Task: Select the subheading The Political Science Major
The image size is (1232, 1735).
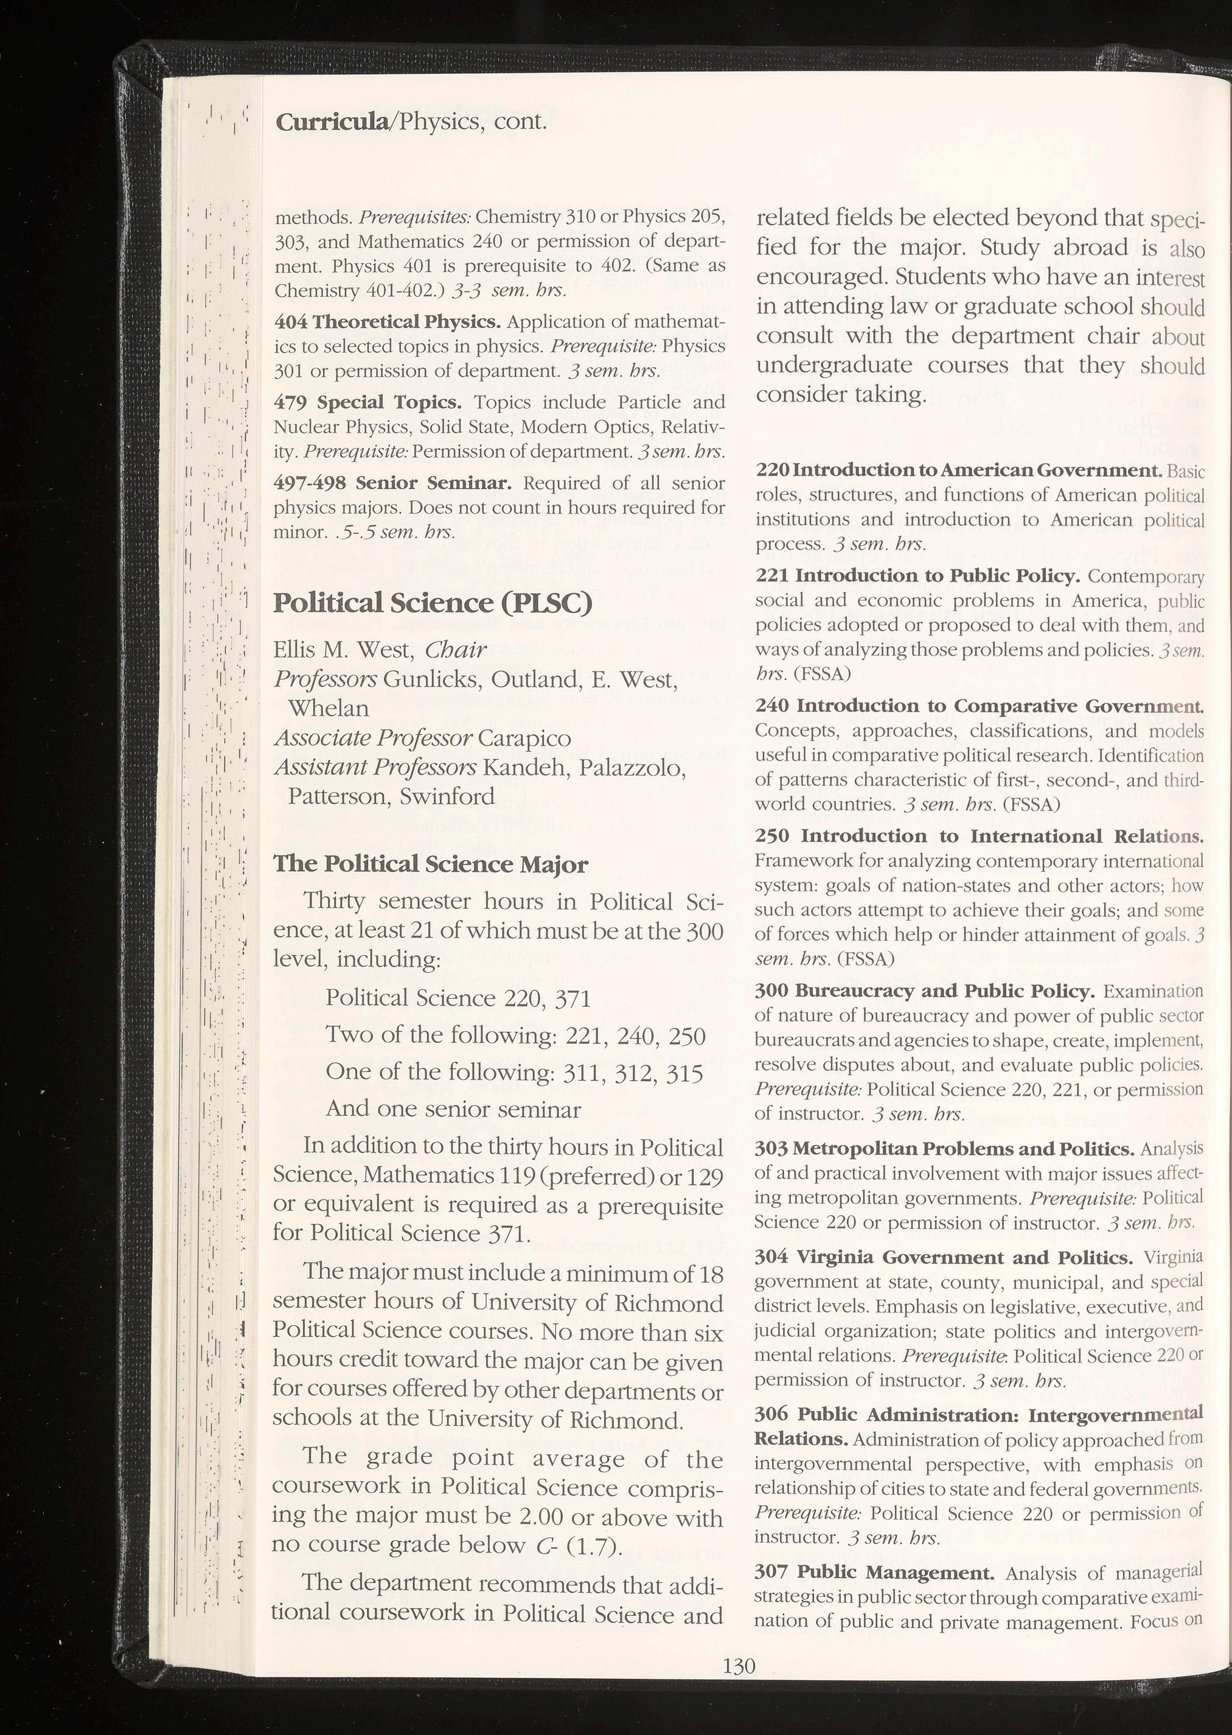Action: pos(430,864)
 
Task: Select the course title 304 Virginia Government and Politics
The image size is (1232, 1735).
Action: pos(944,1258)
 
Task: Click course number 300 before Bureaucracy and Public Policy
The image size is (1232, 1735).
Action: pos(772,991)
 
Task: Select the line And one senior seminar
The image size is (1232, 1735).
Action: pos(453,1110)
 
